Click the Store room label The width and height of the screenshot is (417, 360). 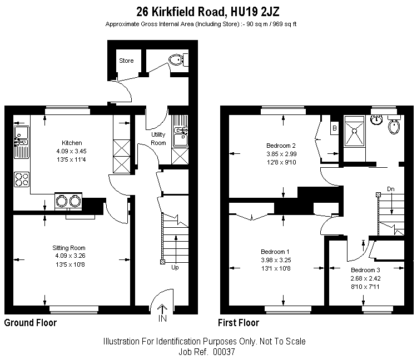click(x=126, y=61)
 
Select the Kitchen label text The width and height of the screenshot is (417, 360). click(x=72, y=143)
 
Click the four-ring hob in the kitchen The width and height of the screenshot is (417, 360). click(x=22, y=179)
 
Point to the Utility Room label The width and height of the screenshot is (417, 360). click(x=158, y=139)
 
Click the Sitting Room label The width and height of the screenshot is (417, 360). click(x=69, y=248)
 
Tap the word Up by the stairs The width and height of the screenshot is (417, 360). click(x=175, y=268)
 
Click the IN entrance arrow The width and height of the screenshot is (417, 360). click(x=162, y=313)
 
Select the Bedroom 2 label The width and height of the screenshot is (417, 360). click(x=281, y=146)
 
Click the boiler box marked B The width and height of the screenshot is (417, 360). click(x=335, y=128)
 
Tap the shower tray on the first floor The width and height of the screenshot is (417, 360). click(x=354, y=131)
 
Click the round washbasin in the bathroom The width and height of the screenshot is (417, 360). click(x=376, y=119)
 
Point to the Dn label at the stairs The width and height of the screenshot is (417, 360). click(x=391, y=189)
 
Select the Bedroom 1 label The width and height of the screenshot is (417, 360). click(x=275, y=252)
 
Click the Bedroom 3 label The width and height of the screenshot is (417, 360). click(x=365, y=270)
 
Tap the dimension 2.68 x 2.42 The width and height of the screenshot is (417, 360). click(x=365, y=278)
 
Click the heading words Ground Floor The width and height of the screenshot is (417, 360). click(x=31, y=323)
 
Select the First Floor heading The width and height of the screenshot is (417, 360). click(x=239, y=323)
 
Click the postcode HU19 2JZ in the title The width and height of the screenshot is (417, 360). click(x=255, y=12)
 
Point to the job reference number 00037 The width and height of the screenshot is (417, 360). click(x=224, y=352)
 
